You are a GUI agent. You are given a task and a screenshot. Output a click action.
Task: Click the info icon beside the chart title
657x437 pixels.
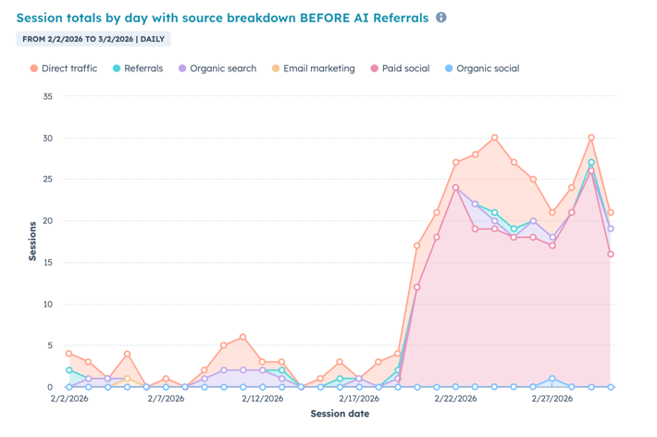tap(441, 18)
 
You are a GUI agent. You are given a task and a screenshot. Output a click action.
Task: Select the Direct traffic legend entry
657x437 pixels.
tap(68, 69)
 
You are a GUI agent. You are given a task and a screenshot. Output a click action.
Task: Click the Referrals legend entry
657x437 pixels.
tap(143, 69)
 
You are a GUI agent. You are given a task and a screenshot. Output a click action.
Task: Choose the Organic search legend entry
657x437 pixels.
tap(222, 69)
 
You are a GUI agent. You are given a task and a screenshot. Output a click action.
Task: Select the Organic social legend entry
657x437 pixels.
tap(488, 69)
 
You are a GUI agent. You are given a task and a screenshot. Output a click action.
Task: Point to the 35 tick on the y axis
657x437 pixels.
tap(47, 96)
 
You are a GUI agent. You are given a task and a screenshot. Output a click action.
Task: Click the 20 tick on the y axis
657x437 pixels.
tap(47, 221)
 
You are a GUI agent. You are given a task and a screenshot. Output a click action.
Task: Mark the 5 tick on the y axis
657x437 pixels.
tap(50, 345)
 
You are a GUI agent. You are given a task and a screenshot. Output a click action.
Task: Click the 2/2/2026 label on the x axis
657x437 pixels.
tap(69, 398)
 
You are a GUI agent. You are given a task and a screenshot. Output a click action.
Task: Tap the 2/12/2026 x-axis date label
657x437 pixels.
tap(263, 398)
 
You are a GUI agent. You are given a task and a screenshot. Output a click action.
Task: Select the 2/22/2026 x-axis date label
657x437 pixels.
tap(456, 398)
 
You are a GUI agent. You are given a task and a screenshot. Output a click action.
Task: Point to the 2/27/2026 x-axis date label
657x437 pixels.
tap(552, 398)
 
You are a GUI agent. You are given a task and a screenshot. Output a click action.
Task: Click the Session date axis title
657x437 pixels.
tap(340, 414)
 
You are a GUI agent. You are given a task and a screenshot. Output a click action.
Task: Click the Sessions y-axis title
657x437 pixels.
tap(32, 241)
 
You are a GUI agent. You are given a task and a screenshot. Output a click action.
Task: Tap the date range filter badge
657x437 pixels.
tap(93, 40)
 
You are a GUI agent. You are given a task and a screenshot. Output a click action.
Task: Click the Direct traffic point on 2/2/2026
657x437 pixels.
tap(69, 354)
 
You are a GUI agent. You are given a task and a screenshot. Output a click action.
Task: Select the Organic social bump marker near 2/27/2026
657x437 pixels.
tap(552, 379)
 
